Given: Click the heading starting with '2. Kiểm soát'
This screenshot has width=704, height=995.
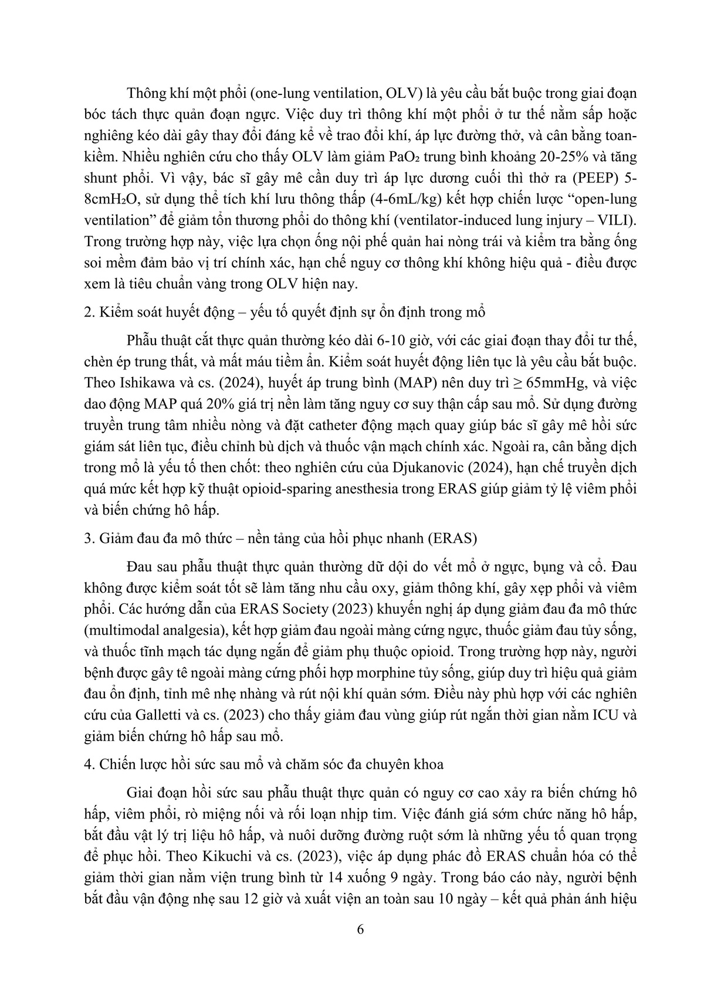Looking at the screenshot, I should (285, 312).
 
